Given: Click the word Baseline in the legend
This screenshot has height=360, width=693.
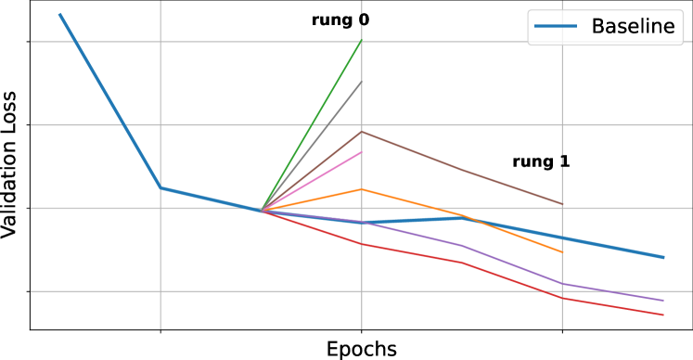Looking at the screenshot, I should tap(633, 27).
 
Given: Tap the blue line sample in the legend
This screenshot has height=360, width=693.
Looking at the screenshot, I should tap(557, 27).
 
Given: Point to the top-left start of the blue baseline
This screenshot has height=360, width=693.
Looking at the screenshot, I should tap(60, 15).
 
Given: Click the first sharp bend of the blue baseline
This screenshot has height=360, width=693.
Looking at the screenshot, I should tap(160, 187).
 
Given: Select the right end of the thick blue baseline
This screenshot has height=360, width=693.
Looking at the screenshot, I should tap(664, 257).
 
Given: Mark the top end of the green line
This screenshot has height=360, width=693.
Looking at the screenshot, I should tap(361, 41).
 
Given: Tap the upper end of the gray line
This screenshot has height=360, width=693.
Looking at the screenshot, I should tap(361, 83).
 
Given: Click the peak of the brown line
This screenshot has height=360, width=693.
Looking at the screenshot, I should tap(361, 131).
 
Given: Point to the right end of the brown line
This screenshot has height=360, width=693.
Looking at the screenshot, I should tap(562, 204).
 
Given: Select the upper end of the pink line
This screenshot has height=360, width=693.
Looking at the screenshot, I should tap(361, 151).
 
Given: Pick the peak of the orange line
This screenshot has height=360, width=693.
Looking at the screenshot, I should tap(361, 189).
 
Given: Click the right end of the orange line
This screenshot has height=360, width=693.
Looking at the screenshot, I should tap(562, 252).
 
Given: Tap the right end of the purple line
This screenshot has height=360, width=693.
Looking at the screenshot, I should tap(664, 301).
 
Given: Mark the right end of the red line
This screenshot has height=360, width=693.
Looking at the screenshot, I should tap(664, 315).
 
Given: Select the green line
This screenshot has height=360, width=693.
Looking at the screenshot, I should tap(311, 125).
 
